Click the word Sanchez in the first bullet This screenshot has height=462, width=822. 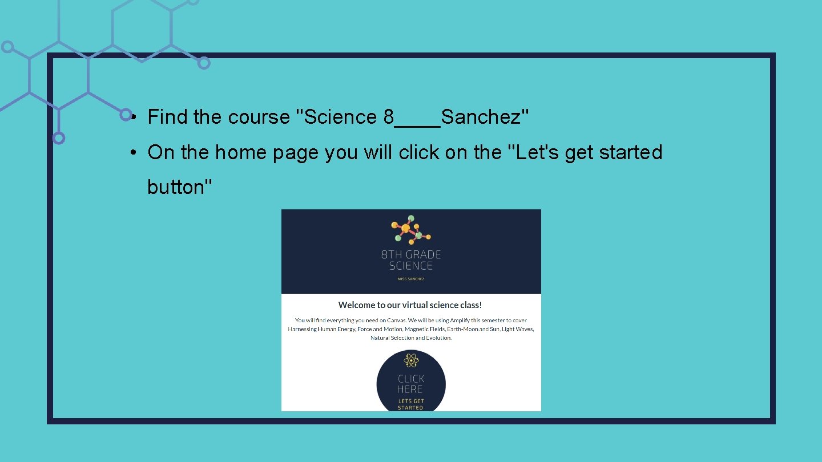pyautogui.click(x=484, y=117)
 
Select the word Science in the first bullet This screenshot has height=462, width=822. pyautogui.click(x=341, y=117)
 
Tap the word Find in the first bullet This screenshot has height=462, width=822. pyautogui.click(x=168, y=117)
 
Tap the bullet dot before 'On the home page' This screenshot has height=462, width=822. pyautogui.click(x=132, y=152)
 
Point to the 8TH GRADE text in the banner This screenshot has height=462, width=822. pyautogui.click(x=411, y=254)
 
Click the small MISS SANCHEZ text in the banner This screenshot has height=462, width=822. pyautogui.click(x=411, y=279)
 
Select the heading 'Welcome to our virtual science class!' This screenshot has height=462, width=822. pyautogui.click(x=410, y=305)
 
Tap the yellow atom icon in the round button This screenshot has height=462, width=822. pyautogui.click(x=411, y=360)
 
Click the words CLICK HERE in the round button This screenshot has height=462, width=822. pyautogui.click(x=410, y=384)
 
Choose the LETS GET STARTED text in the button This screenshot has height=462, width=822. pyautogui.click(x=411, y=404)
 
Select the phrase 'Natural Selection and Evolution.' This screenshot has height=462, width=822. pyautogui.click(x=411, y=338)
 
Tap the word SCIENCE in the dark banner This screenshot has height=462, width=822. pyautogui.click(x=411, y=266)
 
